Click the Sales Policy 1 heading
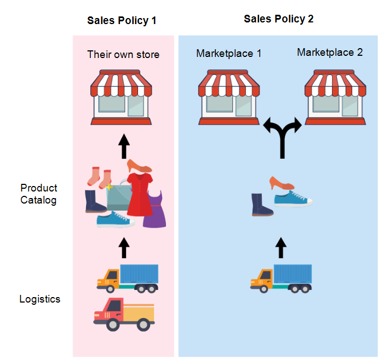coord(122,21)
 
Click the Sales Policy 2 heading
coord(278,19)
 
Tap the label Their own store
coord(123,54)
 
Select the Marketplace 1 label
coord(228,54)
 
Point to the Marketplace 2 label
coord(330,53)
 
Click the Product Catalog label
coord(38,194)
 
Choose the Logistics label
coord(39,299)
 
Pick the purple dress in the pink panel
coord(155,210)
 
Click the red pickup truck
coord(123,314)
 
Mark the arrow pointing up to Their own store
coord(124,146)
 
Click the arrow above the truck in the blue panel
coord(281,247)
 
